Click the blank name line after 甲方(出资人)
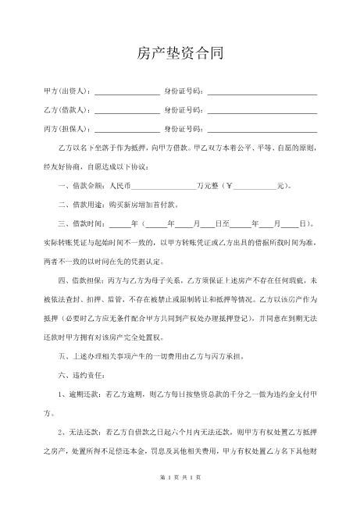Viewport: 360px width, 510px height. pyautogui.click(x=127, y=93)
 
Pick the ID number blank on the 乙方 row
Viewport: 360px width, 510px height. pyautogui.click(x=262, y=111)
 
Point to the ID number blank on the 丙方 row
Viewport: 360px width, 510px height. pyautogui.click(x=262, y=130)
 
